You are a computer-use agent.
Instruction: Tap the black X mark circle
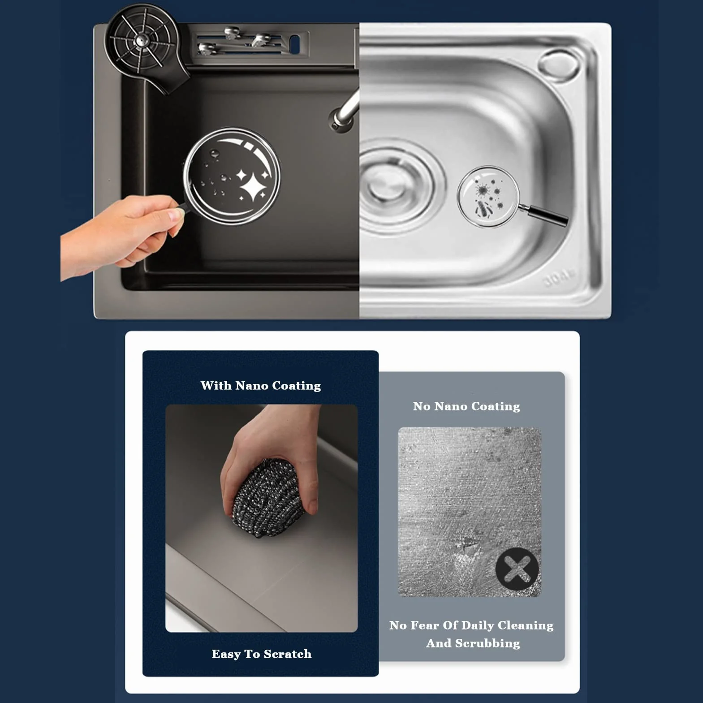pos(517,569)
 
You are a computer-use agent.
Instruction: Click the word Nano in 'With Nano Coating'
pos(252,386)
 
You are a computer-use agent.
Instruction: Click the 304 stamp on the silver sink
pos(558,279)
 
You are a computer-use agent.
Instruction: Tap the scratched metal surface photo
pos(470,512)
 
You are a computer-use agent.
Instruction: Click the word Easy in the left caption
pos(226,655)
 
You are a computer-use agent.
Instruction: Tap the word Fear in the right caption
pos(424,625)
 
